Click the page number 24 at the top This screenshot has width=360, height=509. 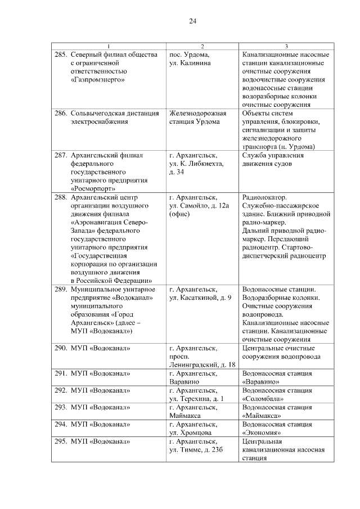(192, 21)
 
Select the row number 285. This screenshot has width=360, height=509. (61, 55)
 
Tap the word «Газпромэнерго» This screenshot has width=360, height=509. (98, 80)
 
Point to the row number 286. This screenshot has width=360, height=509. (61, 113)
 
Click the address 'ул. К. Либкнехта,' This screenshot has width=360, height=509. (196, 163)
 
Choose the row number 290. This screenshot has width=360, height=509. (61, 348)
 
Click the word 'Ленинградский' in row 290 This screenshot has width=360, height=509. (190, 365)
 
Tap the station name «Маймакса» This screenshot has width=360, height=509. (263, 416)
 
